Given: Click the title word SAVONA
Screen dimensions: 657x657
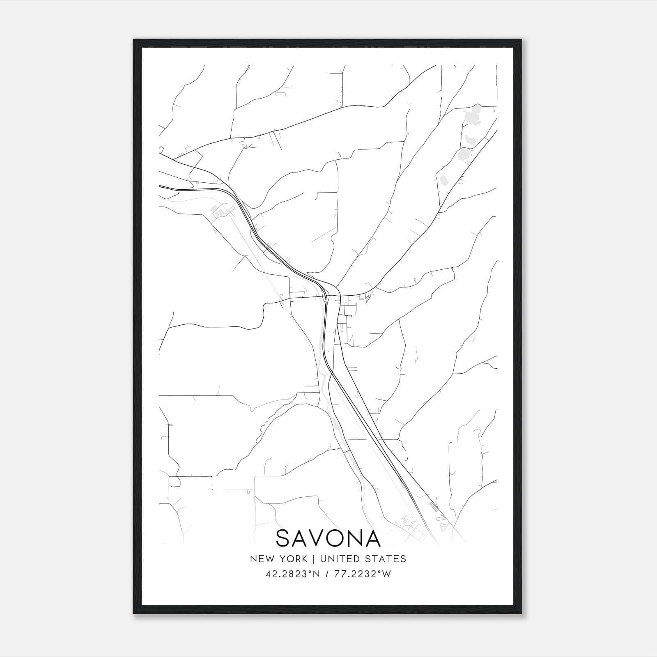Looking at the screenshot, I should point(328,538).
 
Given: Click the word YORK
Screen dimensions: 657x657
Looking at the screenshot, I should point(292,559).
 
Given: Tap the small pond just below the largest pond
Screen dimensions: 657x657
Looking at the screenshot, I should point(469,140).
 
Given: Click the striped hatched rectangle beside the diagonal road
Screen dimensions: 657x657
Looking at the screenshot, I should point(434,506).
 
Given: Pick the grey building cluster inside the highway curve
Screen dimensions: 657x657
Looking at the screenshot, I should point(218,212).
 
